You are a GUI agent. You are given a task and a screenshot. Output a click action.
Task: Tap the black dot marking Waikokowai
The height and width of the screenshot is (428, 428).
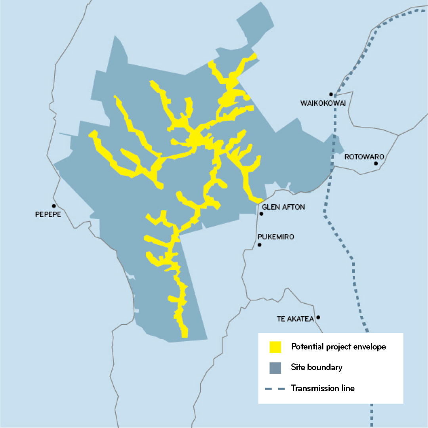[x=331, y=94]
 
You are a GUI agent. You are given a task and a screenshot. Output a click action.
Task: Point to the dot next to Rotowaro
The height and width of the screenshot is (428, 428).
[x=376, y=163]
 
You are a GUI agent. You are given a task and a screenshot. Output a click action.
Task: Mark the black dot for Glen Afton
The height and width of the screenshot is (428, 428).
[x=262, y=214]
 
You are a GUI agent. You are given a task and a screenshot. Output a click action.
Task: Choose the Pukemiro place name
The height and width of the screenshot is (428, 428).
[x=276, y=237]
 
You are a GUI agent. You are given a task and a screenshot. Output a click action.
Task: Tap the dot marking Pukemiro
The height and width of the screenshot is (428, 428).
[x=260, y=245]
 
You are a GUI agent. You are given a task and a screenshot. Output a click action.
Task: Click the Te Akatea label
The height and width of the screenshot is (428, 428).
[x=295, y=319]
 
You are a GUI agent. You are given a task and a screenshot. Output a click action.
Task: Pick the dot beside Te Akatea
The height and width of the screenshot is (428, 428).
[x=318, y=317]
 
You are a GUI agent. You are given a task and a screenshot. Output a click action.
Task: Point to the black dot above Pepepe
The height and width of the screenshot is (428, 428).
[x=53, y=206]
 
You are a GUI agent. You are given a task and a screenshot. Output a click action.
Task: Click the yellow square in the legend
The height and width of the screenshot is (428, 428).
[x=275, y=347]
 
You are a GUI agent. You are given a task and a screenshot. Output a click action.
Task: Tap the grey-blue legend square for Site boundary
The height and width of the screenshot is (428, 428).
[x=275, y=367]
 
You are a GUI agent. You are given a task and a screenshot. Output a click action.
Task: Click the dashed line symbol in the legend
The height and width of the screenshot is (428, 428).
[x=275, y=388]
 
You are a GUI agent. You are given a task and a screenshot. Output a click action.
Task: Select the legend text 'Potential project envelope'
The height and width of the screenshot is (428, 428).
[x=338, y=347]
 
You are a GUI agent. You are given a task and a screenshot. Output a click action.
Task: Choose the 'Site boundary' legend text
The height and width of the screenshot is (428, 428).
[x=317, y=367]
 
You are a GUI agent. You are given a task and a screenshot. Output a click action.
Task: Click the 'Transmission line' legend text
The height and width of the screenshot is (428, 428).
[x=323, y=388]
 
